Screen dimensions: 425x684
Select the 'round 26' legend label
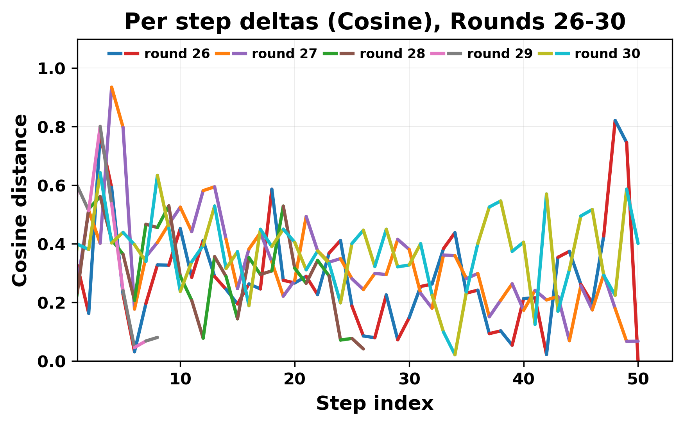(x=177, y=54)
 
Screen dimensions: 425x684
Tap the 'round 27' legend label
(x=284, y=54)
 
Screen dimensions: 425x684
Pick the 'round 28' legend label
(x=392, y=54)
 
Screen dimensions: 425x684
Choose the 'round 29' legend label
(x=500, y=54)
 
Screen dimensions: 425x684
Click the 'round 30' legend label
(x=607, y=54)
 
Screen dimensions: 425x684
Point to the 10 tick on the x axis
(x=180, y=379)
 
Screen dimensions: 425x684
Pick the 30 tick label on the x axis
(x=409, y=379)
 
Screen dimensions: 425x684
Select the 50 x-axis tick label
(x=638, y=379)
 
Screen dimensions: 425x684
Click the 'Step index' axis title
(x=374, y=404)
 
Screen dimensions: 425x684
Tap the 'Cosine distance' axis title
(x=20, y=200)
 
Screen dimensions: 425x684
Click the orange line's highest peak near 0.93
(x=112, y=87)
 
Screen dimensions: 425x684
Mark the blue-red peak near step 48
(x=615, y=121)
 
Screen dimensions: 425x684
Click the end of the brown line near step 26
(x=363, y=349)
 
